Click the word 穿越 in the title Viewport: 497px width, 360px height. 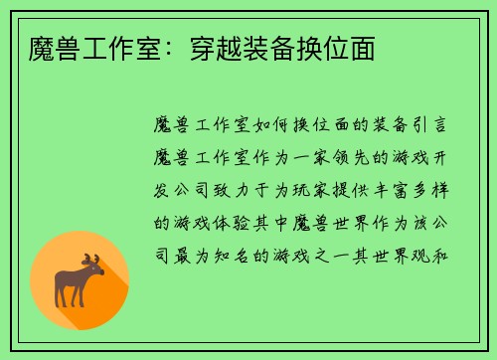click(x=206, y=48)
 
